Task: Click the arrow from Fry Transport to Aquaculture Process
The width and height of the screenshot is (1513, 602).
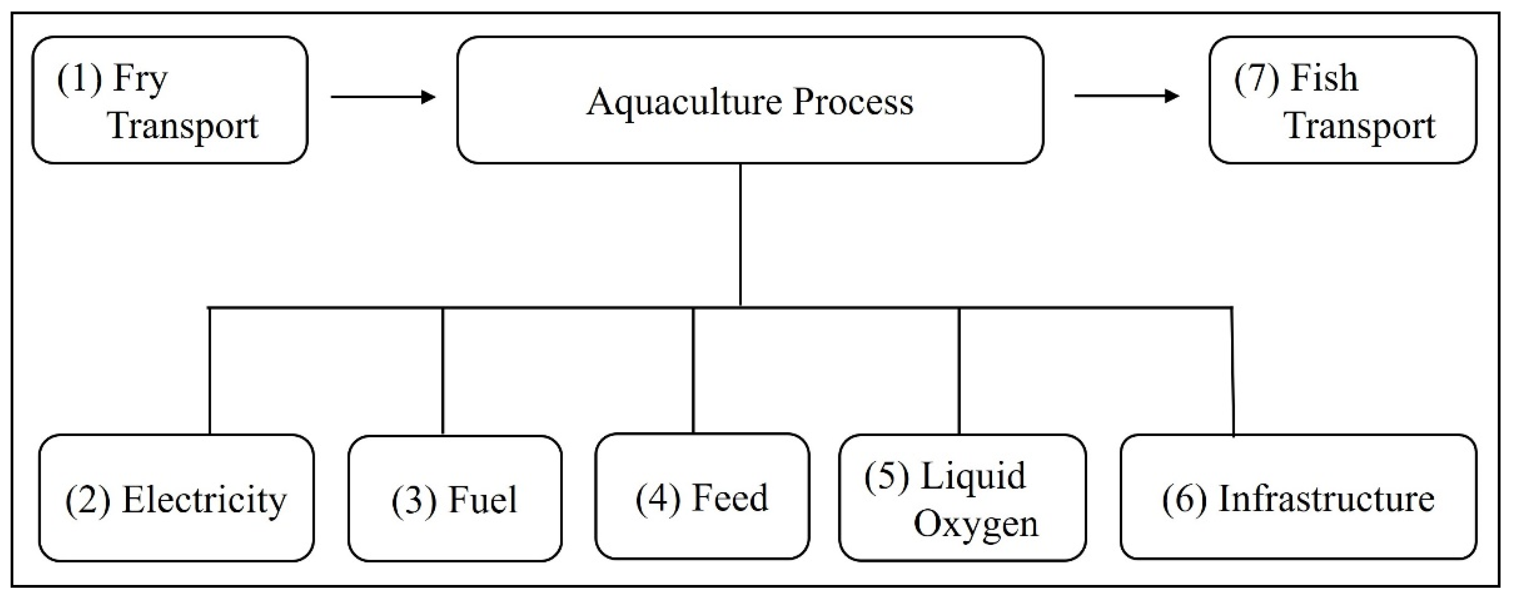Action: pyautogui.click(x=383, y=97)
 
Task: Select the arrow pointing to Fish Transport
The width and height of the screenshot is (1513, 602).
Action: pyautogui.click(x=1126, y=96)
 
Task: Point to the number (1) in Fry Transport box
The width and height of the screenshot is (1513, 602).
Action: pyautogui.click(x=79, y=79)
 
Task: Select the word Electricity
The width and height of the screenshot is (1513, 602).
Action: pyautogui.click(x=204, y=501)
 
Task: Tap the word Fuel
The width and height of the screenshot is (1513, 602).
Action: pyautogui.click(x=483, y=501)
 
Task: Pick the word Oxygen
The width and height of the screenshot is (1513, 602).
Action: pyautogui.click(x=975, y=524)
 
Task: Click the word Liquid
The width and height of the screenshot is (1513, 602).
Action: pyautogui.click(x=973, y=476)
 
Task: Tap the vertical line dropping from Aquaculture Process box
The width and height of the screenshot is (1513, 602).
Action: pyautogui.click(x=740, y=235)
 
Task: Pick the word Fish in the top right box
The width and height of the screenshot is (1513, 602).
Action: pyautogui.click(x=1324, y=79)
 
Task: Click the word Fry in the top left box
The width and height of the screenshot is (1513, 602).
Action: pyautogui.click(x=140, y=80)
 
